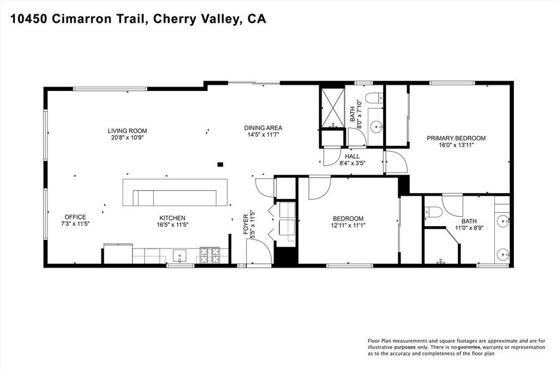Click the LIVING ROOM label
(127, 131)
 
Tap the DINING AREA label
(263, 128)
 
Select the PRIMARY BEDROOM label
(456, 138)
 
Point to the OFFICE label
(75, 217)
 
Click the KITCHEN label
(172, 218)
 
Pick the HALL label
(352, 156)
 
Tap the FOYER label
(246, 224)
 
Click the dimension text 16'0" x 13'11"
(456, 145)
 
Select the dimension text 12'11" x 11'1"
(348, 225)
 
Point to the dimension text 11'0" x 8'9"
(469, 228)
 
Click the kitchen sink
(180, 255)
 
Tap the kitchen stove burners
(209, 255)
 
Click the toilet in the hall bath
(375, 97)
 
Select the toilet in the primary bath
(434, 212)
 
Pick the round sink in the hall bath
(376, 126)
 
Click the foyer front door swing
(259, 251)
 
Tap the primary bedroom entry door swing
(396, 162)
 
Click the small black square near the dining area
(220, 164)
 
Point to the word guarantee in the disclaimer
(469, 347)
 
